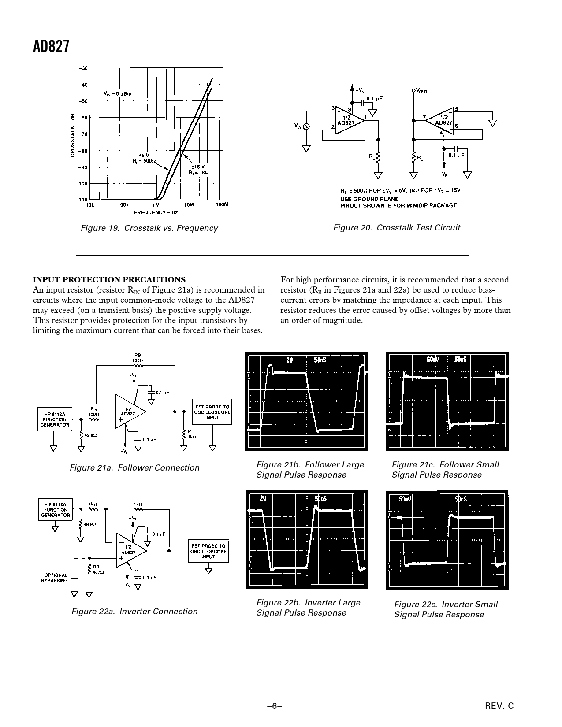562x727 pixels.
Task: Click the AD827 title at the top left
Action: pyautogui.click(x=51, y=46)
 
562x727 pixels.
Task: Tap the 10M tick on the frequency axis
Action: pyautogui.click(x=189, y=205)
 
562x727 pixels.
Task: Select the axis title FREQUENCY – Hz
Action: pyautogui.click(x=156, y=212)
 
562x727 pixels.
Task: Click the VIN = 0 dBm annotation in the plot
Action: pyautogui.click(x=117, y=93)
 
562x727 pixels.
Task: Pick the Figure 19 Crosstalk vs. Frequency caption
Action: pyautogui.click(x=149, y=228)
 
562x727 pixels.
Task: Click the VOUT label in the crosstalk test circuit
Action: pyautogui.click(x=421, y=91)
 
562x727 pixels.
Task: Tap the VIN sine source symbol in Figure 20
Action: pyautogui.click(x=305, y=126)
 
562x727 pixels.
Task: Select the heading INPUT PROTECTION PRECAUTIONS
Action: pyautogui.click(x=109, y=280)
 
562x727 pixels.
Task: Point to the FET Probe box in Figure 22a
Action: pyautogui.click(x=208, y=551)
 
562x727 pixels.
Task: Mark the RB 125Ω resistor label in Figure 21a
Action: pyautogui.click(x=138, y=358)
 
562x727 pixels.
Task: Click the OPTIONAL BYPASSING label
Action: pyautogui.click(x=56, y=578)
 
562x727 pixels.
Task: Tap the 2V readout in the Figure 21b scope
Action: pyautogui.click(x=289, y=360)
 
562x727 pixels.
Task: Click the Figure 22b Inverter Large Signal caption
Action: pyautogui.click(x=308, y=608)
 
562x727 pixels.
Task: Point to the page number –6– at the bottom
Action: pyautogui.click(x=274, y=705)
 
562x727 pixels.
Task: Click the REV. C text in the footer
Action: pyautogui.click(x=499, y=705)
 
